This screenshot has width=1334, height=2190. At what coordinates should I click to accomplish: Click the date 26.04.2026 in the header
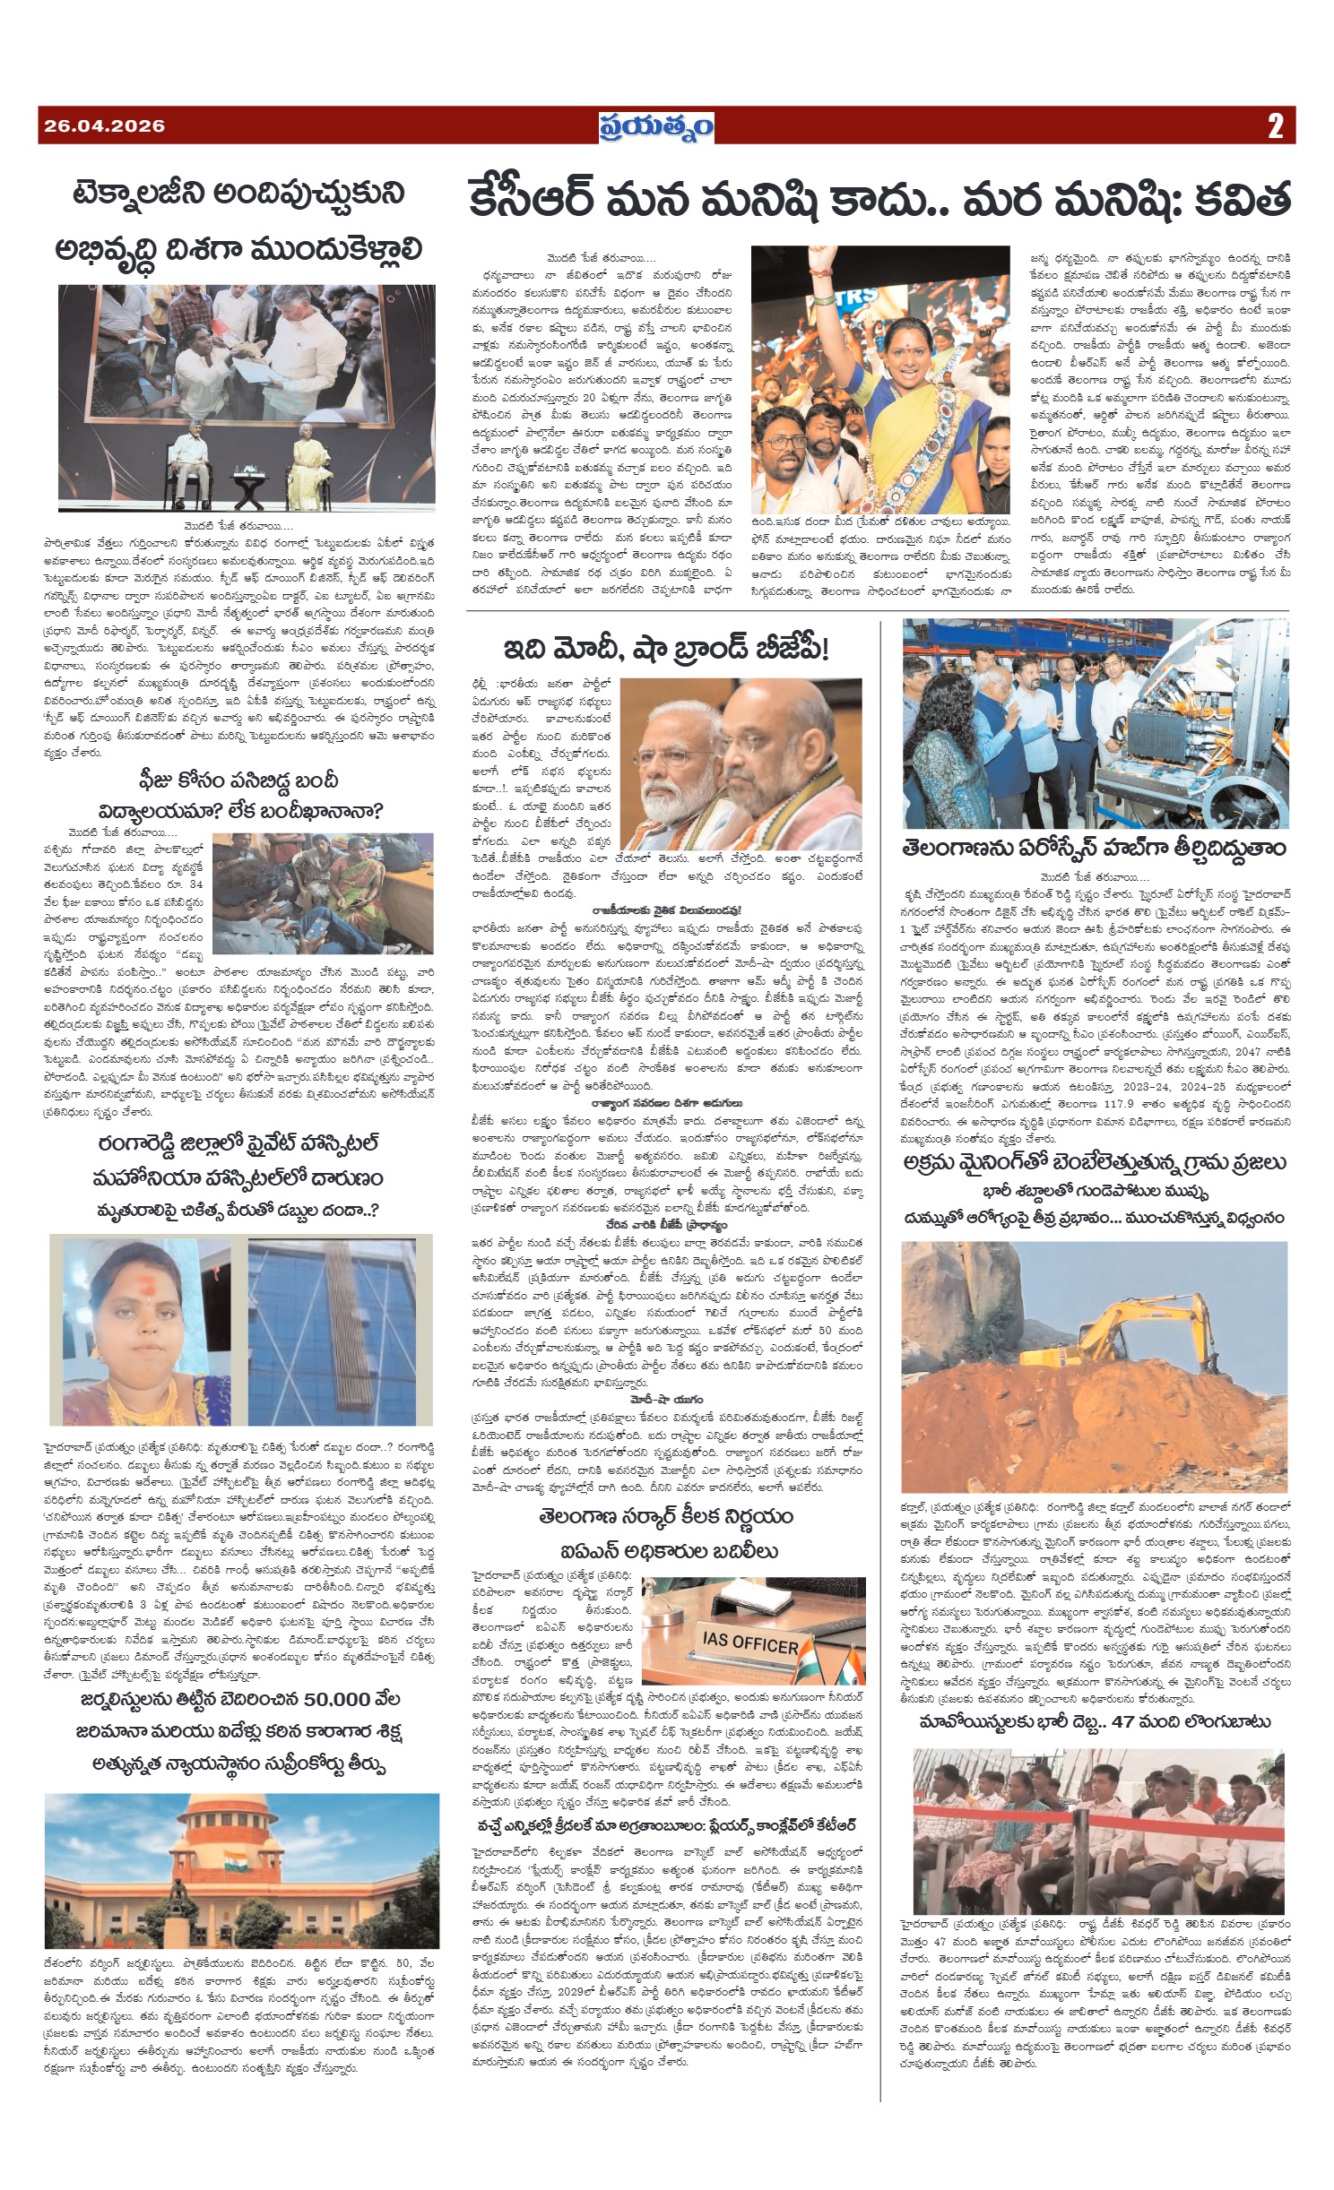(104, 126)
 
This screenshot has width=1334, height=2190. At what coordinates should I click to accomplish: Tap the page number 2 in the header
(1275, 126)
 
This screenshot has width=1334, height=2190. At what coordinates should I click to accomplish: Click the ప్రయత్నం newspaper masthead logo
(656, 126)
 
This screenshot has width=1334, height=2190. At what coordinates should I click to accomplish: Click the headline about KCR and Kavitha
(879, 200)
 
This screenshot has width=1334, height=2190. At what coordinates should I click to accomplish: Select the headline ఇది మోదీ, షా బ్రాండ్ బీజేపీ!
(667, 648)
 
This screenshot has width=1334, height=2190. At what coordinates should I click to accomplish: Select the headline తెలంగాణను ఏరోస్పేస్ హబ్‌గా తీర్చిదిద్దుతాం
(1095, 847)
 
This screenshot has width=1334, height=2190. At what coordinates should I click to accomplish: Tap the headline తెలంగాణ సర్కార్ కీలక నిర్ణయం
(665, 1517)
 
